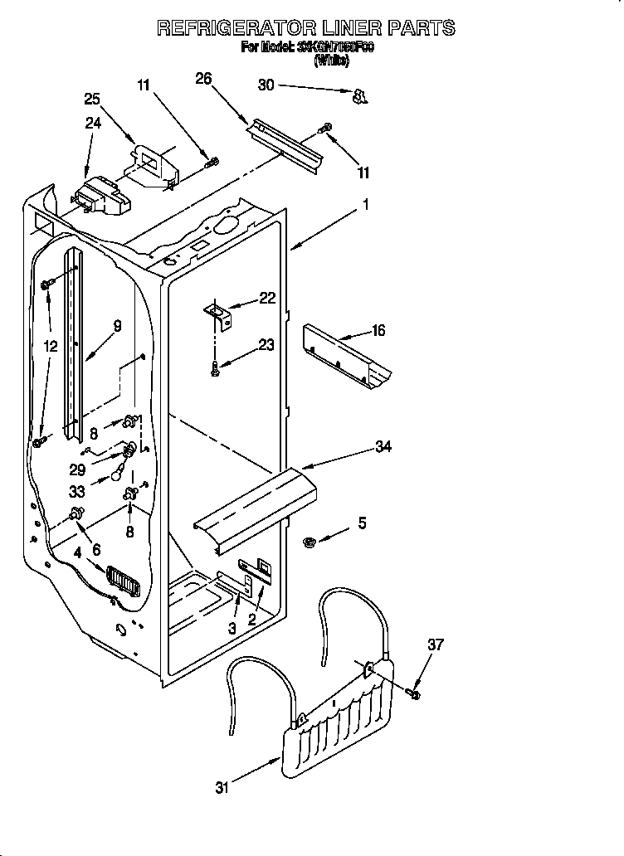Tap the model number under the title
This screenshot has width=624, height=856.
[x=334, y=48]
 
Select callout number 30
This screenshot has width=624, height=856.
[x=266, y=85]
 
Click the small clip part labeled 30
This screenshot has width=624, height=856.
[x=359, y=97]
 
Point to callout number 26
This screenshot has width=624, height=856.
[x=203, y=79]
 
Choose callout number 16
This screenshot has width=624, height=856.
[x=378, y=331]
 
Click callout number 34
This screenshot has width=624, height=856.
[x=383, y=447]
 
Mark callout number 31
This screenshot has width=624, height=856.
[x=221, y=788]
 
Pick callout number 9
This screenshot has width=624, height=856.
[x=117, y=326]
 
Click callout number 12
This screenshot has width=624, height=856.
[x=51, y=346]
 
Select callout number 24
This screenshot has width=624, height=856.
[x=92, y=124]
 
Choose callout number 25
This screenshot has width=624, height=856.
[x=92, y=100]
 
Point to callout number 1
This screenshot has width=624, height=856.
[x=364, y=203]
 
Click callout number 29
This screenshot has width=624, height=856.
[x=100, y=469]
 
